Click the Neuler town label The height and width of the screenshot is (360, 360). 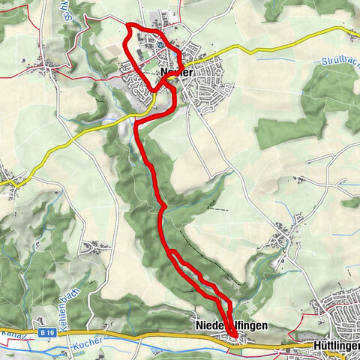pyautogui.click(x=177, y=73)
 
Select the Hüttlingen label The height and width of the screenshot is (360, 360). pyautogui.click(x=334, y=346)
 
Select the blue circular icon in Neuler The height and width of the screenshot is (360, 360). pyautogui.click(x=160, y=44)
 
